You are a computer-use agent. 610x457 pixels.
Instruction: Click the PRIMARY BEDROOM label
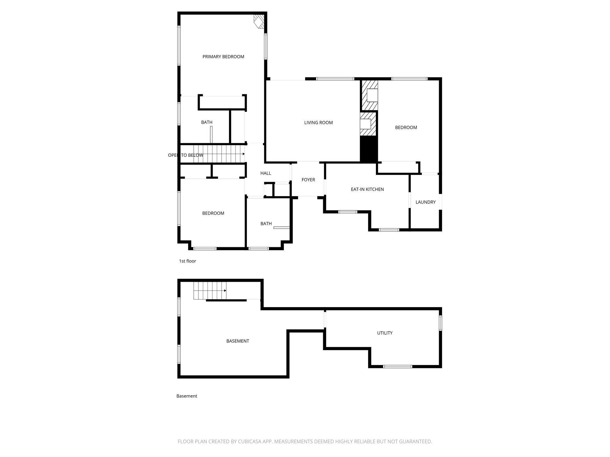tap(223, 57)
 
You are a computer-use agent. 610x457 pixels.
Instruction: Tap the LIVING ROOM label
tap(318, 123)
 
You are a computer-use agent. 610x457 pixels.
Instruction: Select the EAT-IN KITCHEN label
tap(367, 189)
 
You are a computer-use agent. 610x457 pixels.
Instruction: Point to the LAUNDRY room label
tap(425, 202)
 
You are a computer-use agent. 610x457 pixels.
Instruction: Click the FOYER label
tap(308, 180)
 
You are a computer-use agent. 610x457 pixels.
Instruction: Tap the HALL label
tap(266, 173)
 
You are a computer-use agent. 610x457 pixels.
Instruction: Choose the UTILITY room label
tap(385, 333)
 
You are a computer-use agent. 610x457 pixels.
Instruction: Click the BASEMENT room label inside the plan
tap(237, 341)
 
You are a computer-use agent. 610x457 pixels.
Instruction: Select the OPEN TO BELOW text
tap(186, 155)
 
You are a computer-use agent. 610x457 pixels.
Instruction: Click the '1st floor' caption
tap(187, 261)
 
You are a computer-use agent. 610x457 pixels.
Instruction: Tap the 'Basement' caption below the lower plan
tap(187, 396)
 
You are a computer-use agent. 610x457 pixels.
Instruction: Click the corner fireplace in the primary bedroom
tap(259, 22)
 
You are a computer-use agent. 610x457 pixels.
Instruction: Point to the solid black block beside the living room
tap(369, 149)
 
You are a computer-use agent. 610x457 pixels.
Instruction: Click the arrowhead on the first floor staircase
tap(243, 154)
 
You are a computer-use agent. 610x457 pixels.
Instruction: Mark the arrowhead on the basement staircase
tap(225, 290)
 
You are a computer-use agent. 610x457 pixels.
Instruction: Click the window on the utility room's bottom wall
tap(397, 367)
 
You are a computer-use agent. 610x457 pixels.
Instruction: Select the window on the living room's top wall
tap(335, 79)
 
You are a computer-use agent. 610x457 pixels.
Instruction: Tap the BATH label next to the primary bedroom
tap(207, 122)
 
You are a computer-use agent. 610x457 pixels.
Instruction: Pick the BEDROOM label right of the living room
tap(406, 128)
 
